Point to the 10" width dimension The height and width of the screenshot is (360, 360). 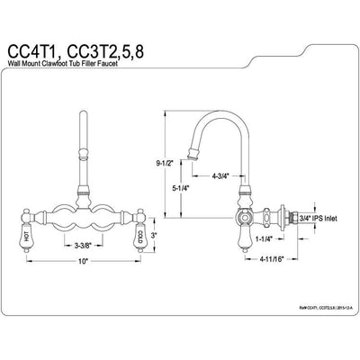[84, 261]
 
